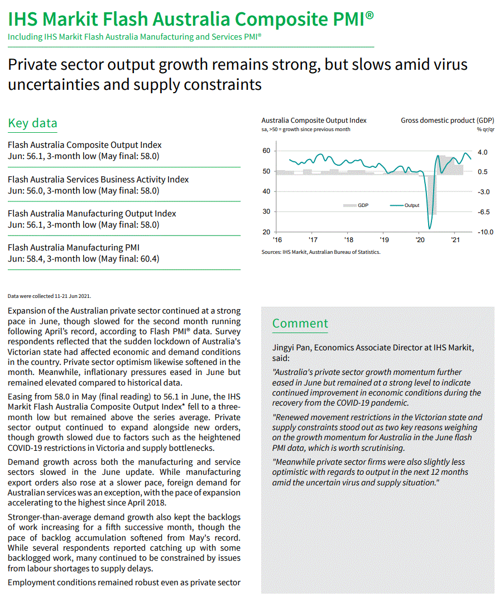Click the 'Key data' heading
pyautogui.click(x=32, y=123)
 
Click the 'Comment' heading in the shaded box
pyautogui.click(x=300, y=324)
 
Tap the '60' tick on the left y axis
pyautogui.click(x=266, y=151)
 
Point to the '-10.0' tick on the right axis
pyautogui.click(x=485, y=232)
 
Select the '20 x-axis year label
pyautogui.click(x=419, y=240)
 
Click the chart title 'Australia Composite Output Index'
pyautogui.click(x=314, y=120)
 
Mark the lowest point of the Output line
pyautogui.click(x=429, y=228)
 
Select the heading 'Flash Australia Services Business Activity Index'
pyautogui.click(x=98, y=180)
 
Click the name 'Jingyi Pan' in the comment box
pyautogui.click(x=291, y=348)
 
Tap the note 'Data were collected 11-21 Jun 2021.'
pyautogui.click(x=49, y=296)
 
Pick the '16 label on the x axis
pyautogui.click(x=277, y=240)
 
